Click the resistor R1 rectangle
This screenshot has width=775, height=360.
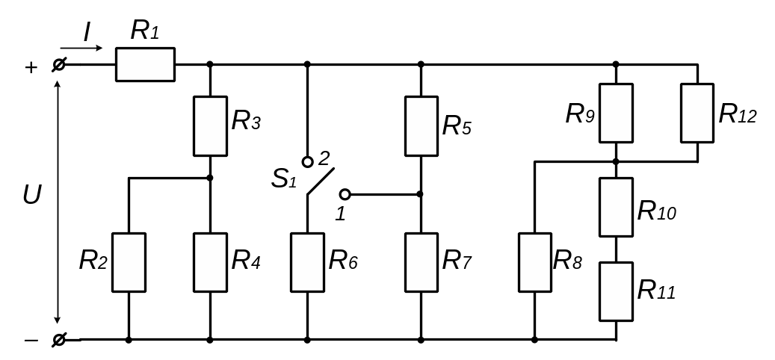145,64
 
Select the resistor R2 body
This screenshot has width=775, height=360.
129,261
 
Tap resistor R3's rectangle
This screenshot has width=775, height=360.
210,125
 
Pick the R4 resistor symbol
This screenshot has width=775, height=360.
210,261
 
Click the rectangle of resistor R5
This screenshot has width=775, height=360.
421,125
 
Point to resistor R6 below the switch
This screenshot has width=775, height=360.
307,261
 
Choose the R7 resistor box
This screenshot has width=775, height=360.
421,261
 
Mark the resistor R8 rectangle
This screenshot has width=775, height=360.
535,261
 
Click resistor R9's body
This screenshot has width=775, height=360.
616,113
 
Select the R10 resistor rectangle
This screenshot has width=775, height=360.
616,207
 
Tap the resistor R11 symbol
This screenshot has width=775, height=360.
616,291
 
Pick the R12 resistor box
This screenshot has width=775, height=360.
697,113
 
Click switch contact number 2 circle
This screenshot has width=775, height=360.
307,161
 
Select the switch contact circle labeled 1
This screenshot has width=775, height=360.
345,194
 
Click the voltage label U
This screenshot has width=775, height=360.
31,195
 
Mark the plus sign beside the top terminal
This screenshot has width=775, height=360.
31,67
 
